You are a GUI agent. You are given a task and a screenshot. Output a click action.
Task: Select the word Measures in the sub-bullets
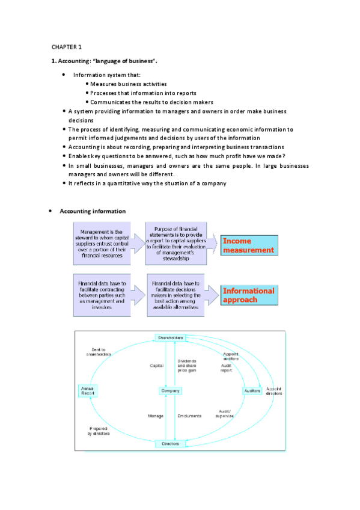[x=105, y=84]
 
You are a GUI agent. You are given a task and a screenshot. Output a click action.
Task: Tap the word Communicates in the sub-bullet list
[x=112, y=102]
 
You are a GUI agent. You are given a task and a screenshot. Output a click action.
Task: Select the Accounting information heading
[x=93, y=211]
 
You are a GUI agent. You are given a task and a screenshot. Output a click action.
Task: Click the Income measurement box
[x=248, y=245]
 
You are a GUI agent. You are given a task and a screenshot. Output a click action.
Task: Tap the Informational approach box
[x=248, y=295]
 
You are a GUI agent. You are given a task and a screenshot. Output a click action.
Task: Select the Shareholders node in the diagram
[x=171, y=339]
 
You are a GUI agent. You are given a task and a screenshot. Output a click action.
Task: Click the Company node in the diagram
[x=170, y=391]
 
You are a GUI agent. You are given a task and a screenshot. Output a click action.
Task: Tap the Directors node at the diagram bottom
[x=170, y=444]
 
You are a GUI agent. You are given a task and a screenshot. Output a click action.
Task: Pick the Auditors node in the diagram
[x=252, y=391]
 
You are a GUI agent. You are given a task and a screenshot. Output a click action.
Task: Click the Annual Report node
[x=87, y=391]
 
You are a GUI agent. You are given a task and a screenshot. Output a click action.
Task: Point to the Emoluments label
[x=189, y=416]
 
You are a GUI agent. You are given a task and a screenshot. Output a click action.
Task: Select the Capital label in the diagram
[x=156, y=366]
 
